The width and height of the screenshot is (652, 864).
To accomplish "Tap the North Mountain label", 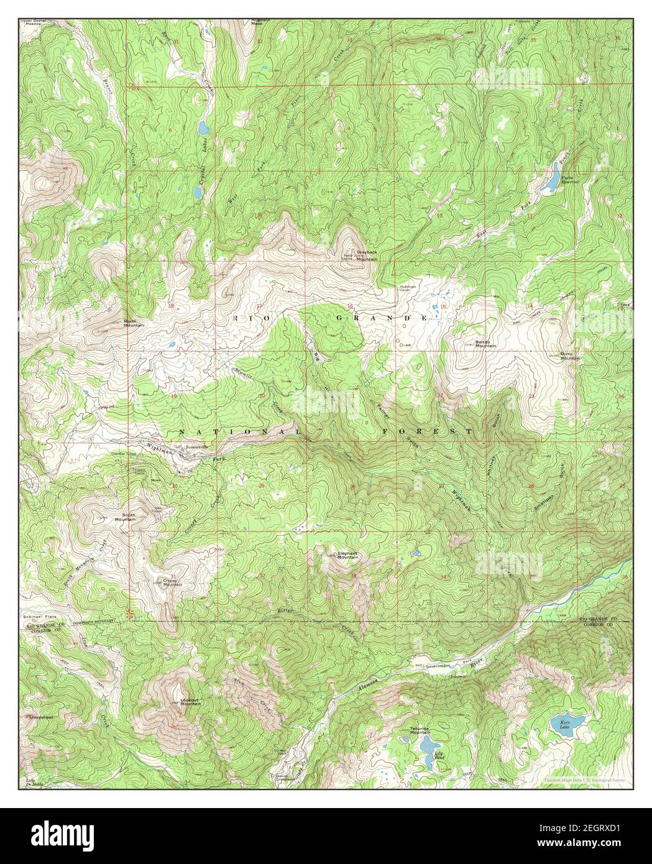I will [134, 323].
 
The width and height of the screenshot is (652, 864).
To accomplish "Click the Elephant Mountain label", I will [348, 555].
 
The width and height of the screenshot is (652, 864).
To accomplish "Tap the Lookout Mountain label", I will [190, 701].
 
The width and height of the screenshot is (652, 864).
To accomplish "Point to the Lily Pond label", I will [439, 756].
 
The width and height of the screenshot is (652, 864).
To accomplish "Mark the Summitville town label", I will [192, 447].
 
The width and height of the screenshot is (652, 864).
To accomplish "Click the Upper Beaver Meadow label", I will [34, 24].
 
